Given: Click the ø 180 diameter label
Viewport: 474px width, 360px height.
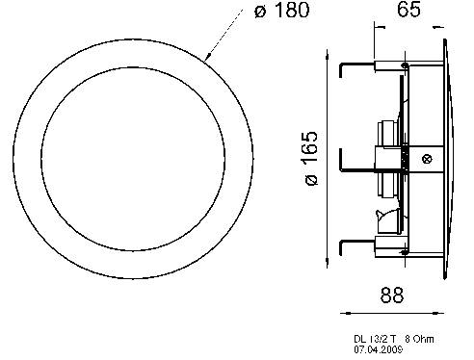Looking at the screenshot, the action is [x=282, y=11].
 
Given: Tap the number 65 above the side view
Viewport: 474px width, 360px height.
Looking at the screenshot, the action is [x=408, y=9].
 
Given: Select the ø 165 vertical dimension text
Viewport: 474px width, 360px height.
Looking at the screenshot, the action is [x=311, y=158].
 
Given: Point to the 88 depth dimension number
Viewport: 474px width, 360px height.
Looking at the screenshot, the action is [x=391, y=295].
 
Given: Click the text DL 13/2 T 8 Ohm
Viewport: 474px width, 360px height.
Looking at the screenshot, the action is [x=394, y=339].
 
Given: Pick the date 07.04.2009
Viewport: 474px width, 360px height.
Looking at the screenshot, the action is [x=378, y=349].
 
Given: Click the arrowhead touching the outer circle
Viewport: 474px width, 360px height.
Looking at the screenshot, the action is [x=207, y=57].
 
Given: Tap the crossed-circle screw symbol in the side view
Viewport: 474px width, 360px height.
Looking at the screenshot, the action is [x=427, y=159].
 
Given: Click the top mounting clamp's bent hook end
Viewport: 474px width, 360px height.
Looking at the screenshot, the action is [x=340, y=70].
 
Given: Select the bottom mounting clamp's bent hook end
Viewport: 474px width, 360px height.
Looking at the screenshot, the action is [x=341, y=247].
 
